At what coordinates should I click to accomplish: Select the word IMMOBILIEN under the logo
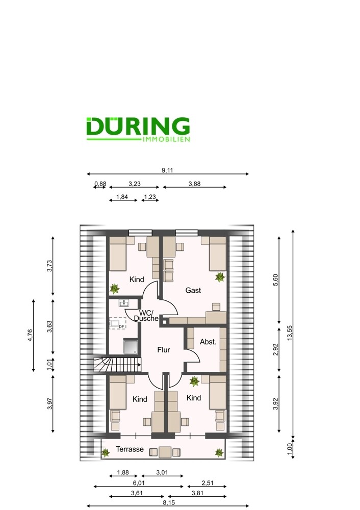(166, 139)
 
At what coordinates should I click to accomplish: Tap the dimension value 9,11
(167, 170)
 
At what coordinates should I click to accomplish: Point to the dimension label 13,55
(290, 333)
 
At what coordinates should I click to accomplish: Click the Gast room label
(193, 290)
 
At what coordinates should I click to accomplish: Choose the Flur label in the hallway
(164, 350)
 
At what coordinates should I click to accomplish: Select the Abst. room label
(208, 342)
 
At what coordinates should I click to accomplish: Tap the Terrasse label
(130, 449)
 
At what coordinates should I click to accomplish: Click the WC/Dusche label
(146, 316)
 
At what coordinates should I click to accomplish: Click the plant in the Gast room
(220, 277)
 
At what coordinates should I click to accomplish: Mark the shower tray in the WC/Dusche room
(131, 346)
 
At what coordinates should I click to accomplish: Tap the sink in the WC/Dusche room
(124, 303)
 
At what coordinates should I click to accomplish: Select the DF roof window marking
(117, 323)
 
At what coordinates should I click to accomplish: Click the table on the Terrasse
(165, 452)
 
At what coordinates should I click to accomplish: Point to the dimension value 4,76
(30, 336)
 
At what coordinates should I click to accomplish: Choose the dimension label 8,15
(169, 502)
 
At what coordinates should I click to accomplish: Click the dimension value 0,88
(100, 184)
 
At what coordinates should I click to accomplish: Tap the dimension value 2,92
(275, 349)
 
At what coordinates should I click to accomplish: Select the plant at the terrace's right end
(219, 452)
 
